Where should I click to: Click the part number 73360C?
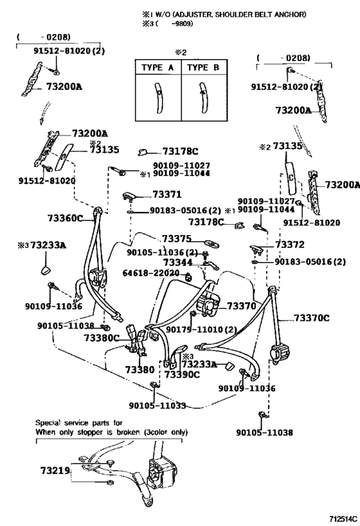(x=65, y=218)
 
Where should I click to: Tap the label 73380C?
(x=101, y=337)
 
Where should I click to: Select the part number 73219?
(x=55, y=470)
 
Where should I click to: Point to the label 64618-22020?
(x=151, y=273)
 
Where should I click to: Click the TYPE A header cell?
(x=158, y=67)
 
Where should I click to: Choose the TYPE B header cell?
(x=204, y=67)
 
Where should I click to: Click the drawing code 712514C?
(x=343, y=518)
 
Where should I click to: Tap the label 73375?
(x=177, y=238)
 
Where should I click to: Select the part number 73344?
(x=177, y=262)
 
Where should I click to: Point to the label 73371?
(x=167, y=194)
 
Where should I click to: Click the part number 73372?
(x=290, y=245)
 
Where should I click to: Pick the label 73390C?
(x=183, y=374)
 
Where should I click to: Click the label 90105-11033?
(x=157, y=405)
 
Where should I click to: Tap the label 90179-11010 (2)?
(x=201, y=329)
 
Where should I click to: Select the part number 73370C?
(x=312, y=318)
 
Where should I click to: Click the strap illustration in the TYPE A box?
(x=158, y=97)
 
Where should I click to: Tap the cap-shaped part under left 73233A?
(x=46, y=270)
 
